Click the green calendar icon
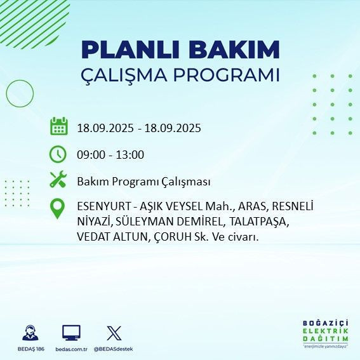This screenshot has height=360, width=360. [58, 126]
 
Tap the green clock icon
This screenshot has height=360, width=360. [58, 154]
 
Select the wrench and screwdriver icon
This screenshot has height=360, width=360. [58, 180]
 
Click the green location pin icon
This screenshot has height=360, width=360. [58, 209]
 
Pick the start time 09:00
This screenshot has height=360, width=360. [90, 154]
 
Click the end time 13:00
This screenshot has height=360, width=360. [130, 154]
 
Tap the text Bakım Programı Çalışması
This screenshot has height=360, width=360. [143, 182]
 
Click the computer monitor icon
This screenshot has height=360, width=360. [71, 332]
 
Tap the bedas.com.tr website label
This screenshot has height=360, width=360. [71, 349]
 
